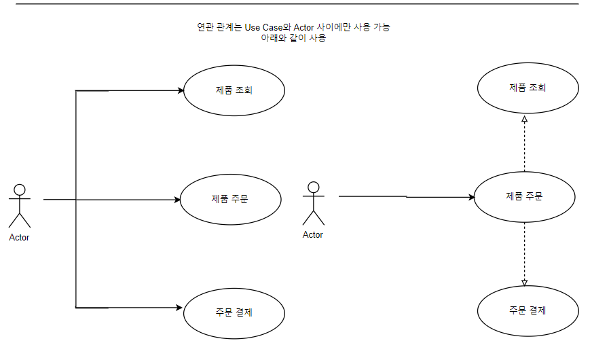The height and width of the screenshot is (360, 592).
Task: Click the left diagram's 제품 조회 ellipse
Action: (x=234, y=90)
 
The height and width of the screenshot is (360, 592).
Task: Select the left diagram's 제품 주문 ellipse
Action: (x=230, y=199)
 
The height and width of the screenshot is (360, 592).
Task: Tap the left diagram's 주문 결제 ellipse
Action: (x=234, y=312)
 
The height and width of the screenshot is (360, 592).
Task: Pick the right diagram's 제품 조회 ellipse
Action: (x=528, y=88)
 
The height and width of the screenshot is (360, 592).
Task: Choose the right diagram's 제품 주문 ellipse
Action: (x=524, y=197)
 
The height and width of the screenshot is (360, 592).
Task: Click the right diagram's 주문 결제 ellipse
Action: (x=528, y=310)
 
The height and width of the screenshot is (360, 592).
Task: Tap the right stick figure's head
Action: (x=313, y=187)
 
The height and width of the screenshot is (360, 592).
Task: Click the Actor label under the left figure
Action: (x=20, y=238)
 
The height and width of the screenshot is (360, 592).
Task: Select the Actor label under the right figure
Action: (x=313, y=235)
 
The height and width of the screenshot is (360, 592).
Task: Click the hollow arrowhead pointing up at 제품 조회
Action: (x=524, y=120)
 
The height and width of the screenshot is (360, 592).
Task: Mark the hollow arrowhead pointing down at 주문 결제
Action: (x=524, y=283)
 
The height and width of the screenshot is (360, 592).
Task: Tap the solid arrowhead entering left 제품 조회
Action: (x=181, y=90)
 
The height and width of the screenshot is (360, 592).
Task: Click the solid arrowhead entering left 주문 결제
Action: (x=181, y=308)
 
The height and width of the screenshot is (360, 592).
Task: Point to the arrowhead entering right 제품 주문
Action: (x=470, y=198)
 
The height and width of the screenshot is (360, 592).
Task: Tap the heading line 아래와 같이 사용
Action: (x=293, y=38)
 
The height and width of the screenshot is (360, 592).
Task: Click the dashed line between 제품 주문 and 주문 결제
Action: (x=524, y=251)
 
